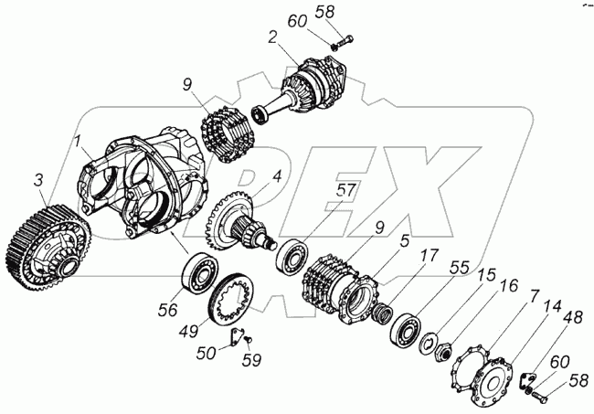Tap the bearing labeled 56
click(199, 274)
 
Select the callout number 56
click(166, 311)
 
